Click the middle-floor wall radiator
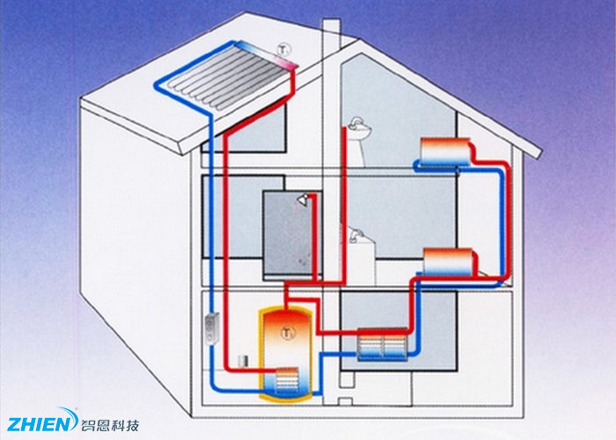[449, 260]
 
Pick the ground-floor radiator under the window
[384, 344]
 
